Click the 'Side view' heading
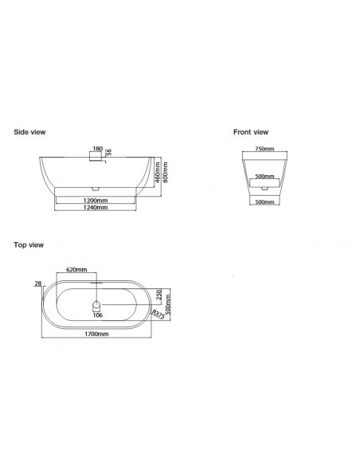pyautogui.click(x=29, y=132)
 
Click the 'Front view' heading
pyautogui.click(x=251, y=132)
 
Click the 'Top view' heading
pyautogui.click(x=29, y=244)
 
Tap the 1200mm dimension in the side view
pyautogui.click(x=96, y=201)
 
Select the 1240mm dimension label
pyautogui.click(x=96, y=207)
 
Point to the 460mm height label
pyautogui.click(x=158, y=172)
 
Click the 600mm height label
pyautogui.click(x=165, y=172)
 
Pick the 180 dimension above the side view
pyautogui.click(x=97, y=149)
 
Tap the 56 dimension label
pyautogui.click(x=109, y=152)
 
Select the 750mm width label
pyautogui.click(x=264, y=149)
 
